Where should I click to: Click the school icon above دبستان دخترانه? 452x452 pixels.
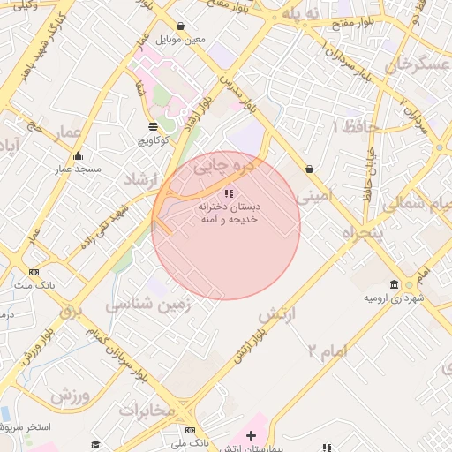pyautogui.click(x=228, y=192)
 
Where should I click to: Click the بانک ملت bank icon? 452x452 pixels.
pyautogui.click(x=34, y=272)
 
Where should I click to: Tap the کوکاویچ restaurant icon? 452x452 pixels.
pyautogui.click(x=154, y=126)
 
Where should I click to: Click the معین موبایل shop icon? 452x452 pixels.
pyautogui.click(x=181, y=26)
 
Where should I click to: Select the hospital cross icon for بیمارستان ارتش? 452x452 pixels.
pyautogui.click(x=252, y=435)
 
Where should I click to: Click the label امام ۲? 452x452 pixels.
pyautogui.click(x=326, y=350)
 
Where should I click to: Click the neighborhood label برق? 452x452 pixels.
pyautogui.click(x=72, y=311)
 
